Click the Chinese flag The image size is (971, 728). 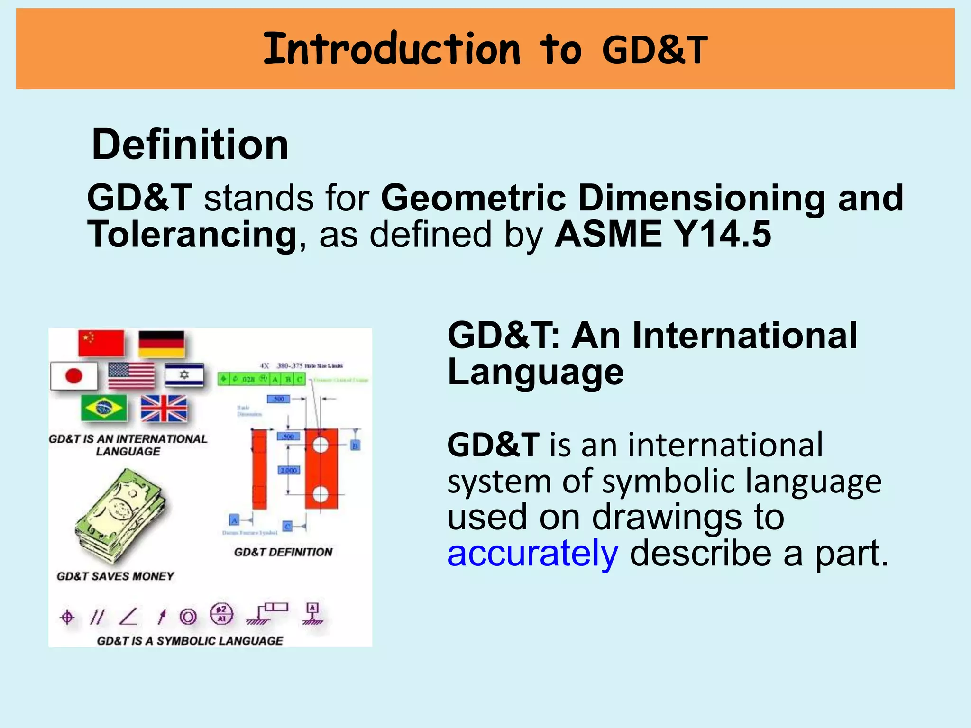click(101, 343)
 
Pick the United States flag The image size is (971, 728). click(131, 375)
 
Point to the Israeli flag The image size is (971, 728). click(184, 375)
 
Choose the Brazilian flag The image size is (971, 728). click(104, 408)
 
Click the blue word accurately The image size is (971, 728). click(532, 554)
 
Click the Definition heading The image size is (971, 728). click(190, 145)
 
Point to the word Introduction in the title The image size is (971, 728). click(392, 49)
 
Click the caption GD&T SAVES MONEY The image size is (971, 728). click(115, 576)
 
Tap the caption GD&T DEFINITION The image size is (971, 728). click(283, 552)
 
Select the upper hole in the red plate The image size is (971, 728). click(321, 446)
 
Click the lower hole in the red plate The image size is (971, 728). click(321, 494)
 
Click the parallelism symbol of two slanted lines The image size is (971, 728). click(97, 617)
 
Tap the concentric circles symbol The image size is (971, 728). click(188, 617)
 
